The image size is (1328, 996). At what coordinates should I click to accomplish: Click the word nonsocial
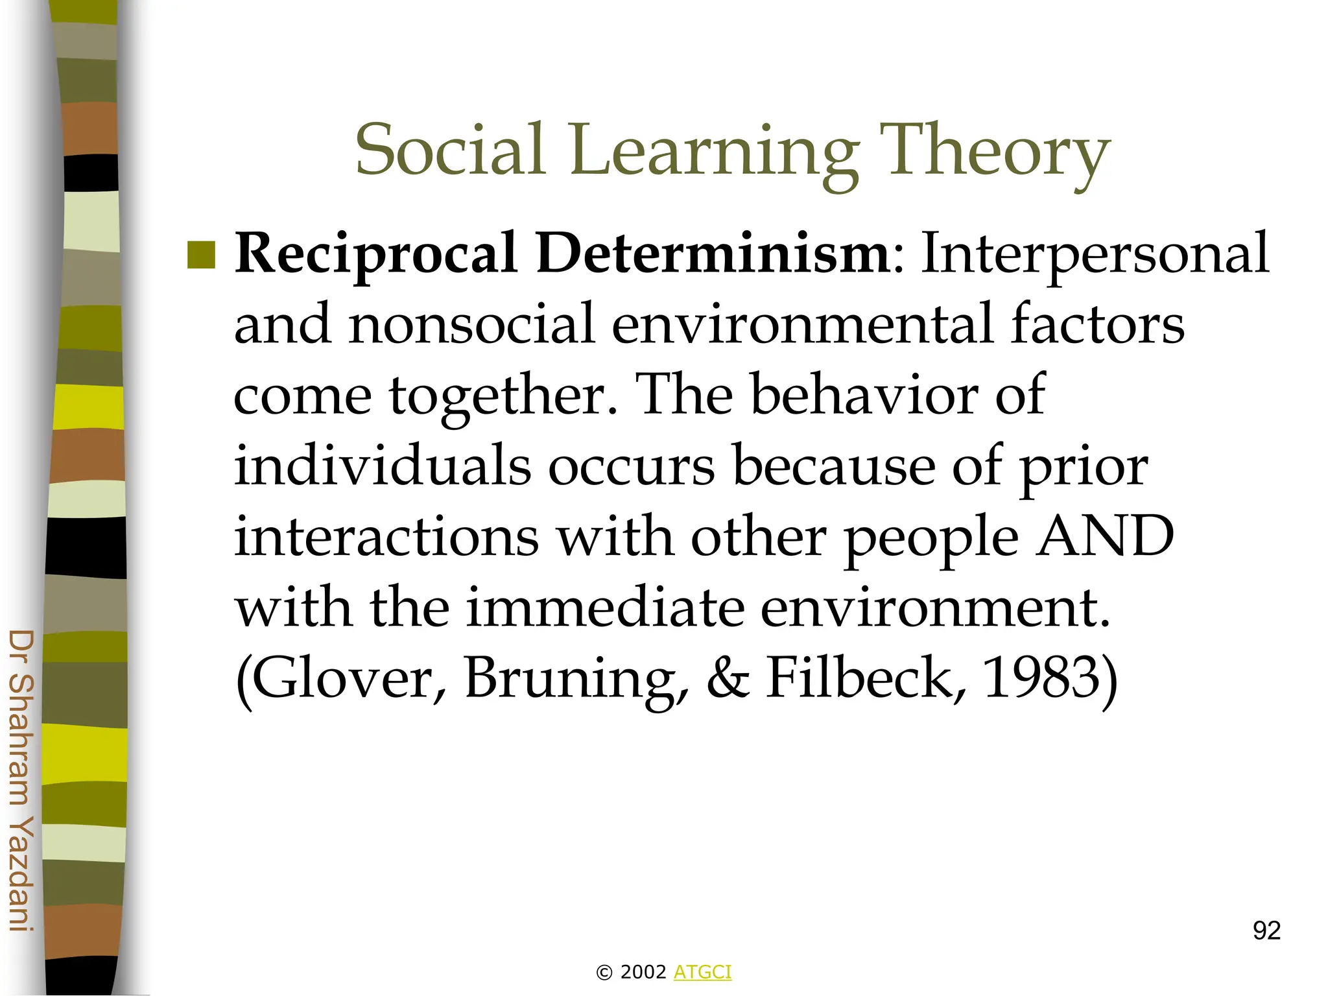click(471, 324)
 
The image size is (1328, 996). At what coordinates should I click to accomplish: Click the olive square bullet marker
click(201, 255)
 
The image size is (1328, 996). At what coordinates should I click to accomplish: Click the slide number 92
click(1266, 931)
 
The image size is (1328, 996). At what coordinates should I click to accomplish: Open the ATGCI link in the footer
click(702, 972)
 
